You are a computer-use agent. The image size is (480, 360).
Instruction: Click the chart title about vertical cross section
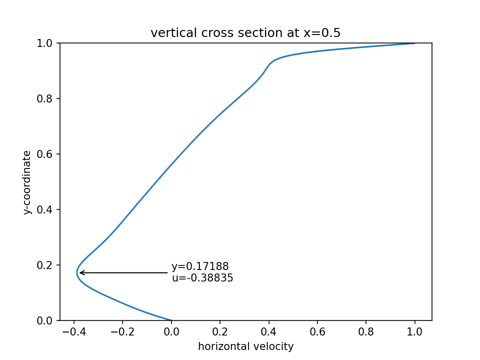coord(245,33)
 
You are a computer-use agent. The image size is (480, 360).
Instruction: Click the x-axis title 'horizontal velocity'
coord(245,346)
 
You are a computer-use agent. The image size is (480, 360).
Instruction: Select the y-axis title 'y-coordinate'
coord(27,182)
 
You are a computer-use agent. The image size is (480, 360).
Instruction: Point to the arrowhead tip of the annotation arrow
coord(79,272)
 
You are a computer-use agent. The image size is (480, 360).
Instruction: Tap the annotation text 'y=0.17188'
coord(200,266)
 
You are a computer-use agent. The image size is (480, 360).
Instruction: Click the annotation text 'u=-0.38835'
coord(202,278)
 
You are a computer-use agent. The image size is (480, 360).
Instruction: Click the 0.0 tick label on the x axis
coord(171,331)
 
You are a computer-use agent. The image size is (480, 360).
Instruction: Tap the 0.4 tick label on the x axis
coord(269,331)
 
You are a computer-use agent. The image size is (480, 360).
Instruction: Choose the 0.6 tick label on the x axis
coord(317,331)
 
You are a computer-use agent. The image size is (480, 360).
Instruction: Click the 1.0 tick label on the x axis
coord(415,331)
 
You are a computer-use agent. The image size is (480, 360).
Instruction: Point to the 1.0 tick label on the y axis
coord(45,43)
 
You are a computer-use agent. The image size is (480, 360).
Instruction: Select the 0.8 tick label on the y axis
coord(45,99)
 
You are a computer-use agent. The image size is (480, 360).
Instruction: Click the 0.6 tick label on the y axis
coord(45,154)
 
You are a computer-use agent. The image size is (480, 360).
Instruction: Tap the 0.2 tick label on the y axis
coord(45,265)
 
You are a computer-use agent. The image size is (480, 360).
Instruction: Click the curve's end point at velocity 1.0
coord(415,43)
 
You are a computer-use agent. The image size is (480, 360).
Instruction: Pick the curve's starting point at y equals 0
coord(171,320)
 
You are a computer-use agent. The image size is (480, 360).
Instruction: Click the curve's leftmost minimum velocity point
coord(77,272)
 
